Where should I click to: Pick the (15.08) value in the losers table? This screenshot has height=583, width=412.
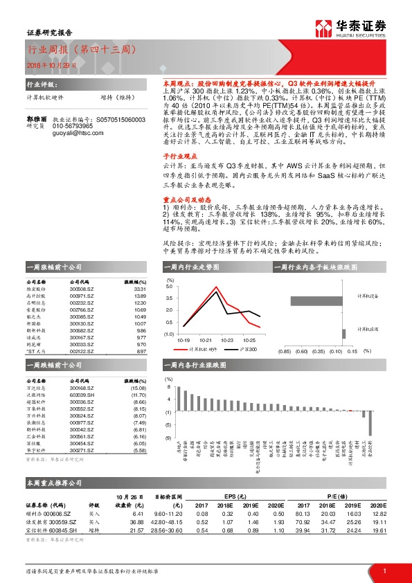(138, 387)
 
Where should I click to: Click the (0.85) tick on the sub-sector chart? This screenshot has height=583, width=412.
(284, 351)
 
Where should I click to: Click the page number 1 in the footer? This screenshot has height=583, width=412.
(384, 571)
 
